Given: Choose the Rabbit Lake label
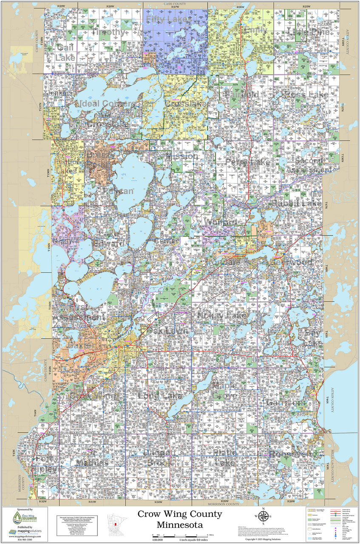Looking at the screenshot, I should (x=297, y=204).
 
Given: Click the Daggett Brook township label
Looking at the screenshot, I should (x=156, y=458).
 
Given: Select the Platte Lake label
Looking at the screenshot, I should (x=225, y=458).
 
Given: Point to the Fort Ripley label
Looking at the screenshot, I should (x=45, y=465).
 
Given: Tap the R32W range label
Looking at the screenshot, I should (x=42, y=502).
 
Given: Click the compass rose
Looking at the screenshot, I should (x=264, y=516).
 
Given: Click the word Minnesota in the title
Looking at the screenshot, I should (x=179, y=525).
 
